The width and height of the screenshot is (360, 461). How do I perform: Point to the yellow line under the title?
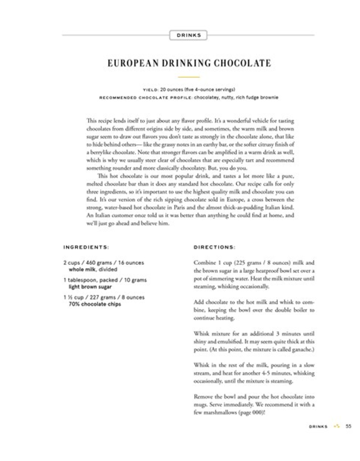tap(189, 77)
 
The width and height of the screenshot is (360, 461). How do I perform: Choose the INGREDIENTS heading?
tap(86, 247)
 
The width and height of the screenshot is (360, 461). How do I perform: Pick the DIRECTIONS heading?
tap(214, 247)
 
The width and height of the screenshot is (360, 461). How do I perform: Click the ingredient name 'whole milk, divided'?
tap(93, 269)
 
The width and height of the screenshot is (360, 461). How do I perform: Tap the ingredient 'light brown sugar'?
tap(90, 286)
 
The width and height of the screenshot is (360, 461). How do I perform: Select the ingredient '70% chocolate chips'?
tap(94, 304)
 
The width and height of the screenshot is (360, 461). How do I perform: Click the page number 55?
tap(348, 426)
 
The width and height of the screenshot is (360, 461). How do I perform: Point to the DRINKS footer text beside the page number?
tap(318, 426)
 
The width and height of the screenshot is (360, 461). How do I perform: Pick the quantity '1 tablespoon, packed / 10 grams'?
tap(104, 280)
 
